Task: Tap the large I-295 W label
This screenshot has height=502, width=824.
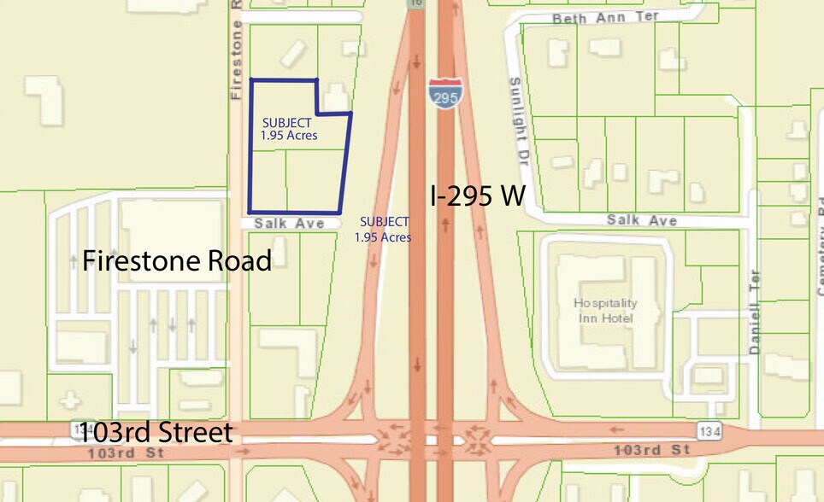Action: pos(477,197)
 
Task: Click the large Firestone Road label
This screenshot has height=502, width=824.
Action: pos(177,260)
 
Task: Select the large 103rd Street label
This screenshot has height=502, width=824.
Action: pos(155,433)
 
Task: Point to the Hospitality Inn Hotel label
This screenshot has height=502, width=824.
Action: pos(604,311)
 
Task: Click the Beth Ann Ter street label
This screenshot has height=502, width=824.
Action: pos(596,17)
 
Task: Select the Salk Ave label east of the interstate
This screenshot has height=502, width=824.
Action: pos(642,220)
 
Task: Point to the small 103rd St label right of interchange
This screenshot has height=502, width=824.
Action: pos(651,449)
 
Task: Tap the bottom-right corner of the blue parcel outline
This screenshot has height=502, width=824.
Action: pos(339,213)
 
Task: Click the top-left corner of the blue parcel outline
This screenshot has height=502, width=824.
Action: pos(251,80)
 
